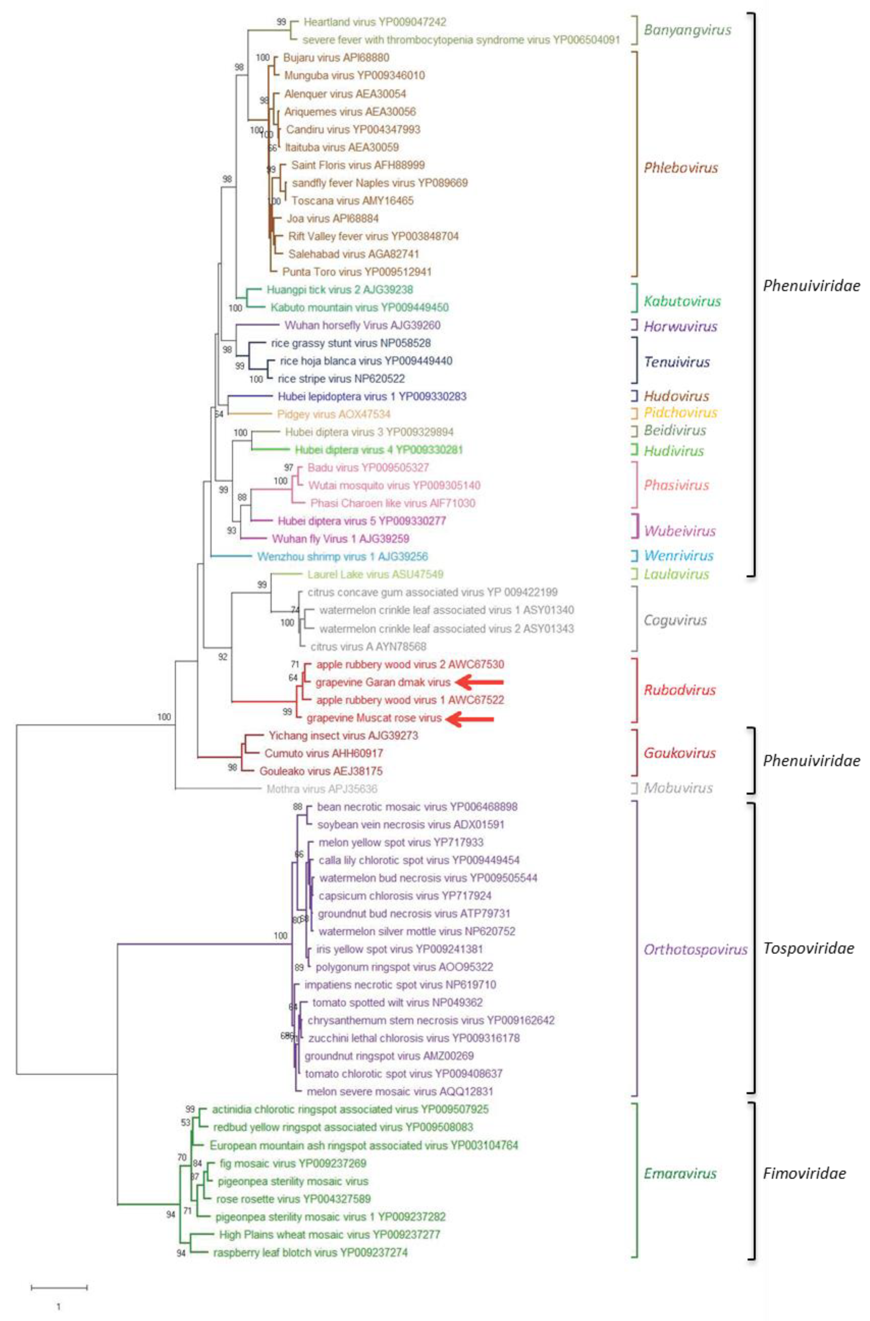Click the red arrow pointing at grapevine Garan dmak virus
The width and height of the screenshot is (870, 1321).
click(x=479, y=682)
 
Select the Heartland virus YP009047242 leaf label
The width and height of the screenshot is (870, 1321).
click(x=375, y=22)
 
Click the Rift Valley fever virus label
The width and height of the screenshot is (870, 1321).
click(x=373, y=236)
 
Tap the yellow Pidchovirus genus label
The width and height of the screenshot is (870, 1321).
click(x=680, y=412)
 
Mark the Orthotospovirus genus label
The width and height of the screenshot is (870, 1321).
click(x=695, y=949)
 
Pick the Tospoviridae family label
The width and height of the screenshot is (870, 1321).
click(x=808, y=948)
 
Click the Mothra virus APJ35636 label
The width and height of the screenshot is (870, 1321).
click(x=322, y=789)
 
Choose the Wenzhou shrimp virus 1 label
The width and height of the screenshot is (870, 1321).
click(x=342, y=556)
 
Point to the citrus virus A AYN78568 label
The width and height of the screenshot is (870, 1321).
click(x=368, y=646)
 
